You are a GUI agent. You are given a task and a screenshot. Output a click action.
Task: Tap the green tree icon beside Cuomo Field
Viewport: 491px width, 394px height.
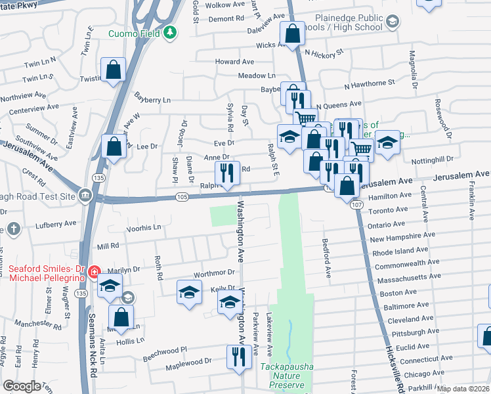[170, 32]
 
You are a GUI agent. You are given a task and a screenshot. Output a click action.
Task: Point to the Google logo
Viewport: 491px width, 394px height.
[22, 386]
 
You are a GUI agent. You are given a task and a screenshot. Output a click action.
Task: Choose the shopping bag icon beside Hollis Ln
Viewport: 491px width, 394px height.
[121, 316]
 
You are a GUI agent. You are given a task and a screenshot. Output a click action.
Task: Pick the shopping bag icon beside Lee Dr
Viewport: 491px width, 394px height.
[114, 146]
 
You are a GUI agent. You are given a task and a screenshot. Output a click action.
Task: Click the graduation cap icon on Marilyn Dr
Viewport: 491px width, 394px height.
[110, 286]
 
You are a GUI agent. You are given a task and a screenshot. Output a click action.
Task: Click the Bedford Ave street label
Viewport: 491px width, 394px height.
[326, 257]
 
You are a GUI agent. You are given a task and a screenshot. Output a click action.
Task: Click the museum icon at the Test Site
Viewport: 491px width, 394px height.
[85, 195]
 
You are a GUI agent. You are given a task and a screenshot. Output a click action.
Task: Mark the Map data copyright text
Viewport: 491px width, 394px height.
[463, 389]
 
